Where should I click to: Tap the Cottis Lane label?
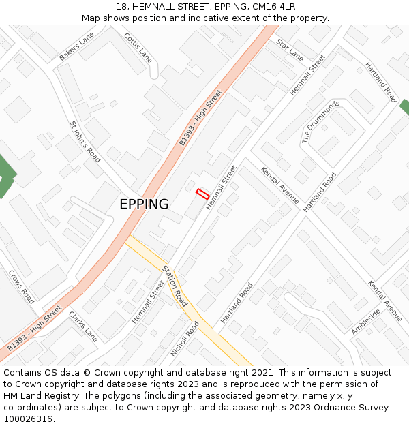pyautogui.click(x=138, y=47)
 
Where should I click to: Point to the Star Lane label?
pyautogui.click(x=290, y=49)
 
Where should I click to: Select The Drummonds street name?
pyautogui.click(x=320, y=122)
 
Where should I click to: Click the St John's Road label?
pyautogui.click(x=85, y=142)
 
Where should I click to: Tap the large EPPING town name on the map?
pyautogui.click(x=144, y=204)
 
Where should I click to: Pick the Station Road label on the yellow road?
pyautogui.click(x=175, y=285)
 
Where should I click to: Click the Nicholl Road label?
pyautogui.click(x=185, y=339)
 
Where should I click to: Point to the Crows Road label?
pyautogui.click(x=21, y=287)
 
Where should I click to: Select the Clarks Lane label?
pyautogui.click(x=83, y=326)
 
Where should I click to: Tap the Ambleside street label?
pyautogui.click(x=365, y=321)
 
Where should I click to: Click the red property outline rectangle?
pyautogui.click(x=202, y=194)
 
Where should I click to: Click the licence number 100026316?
pyautogui.click(x=27, y=419)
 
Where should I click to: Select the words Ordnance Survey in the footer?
pyautogui.click(x=354, y=408)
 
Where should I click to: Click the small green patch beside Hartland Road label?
pyautogui.click(x=405, y=106)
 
